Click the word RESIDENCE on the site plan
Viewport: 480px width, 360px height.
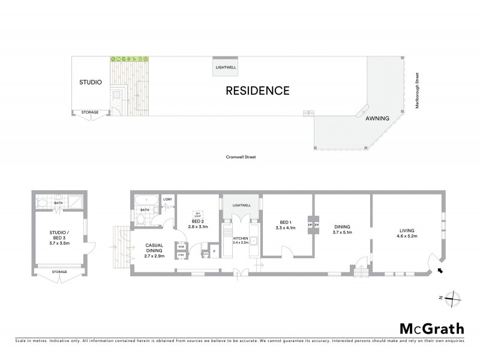tap(257, 91)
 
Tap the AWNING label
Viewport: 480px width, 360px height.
tap(378, 118)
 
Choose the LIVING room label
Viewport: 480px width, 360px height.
tap(407, 230)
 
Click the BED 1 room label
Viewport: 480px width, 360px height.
tap(281, 223)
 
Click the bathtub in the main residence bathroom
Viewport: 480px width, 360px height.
tap(145, 200)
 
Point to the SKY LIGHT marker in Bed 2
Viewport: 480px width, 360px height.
tap(196, 213)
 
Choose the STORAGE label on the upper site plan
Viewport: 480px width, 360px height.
tap(90, 112)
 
